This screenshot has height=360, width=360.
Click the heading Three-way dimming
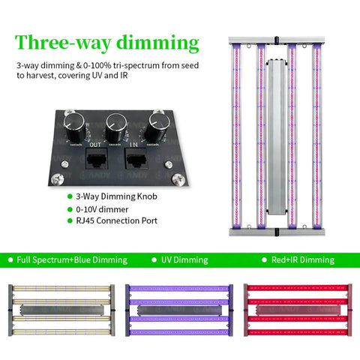[107, 43]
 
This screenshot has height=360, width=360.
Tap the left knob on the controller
[75, 121]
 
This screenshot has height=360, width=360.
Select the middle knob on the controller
[117, 121]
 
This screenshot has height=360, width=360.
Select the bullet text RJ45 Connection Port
[115, 222]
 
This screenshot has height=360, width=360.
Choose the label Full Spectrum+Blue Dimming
[73, 259]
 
